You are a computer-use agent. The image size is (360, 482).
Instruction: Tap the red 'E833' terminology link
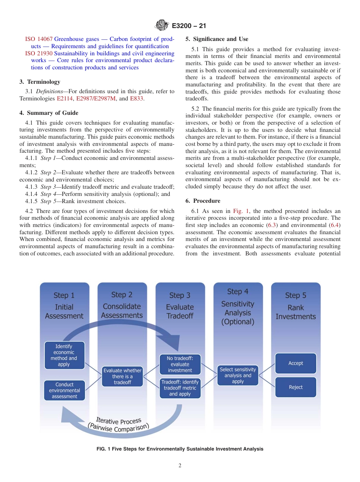point(136,99)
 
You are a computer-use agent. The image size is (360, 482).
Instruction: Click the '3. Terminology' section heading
point(40,82)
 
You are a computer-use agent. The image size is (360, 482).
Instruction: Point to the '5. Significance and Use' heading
point(217,39)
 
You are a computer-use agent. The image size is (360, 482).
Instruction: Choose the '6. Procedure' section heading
point(203,201)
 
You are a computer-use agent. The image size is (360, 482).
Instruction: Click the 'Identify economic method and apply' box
point(64,355)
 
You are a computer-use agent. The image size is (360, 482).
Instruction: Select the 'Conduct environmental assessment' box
point(64,390)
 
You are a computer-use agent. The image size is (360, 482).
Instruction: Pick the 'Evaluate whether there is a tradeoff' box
point(122,376)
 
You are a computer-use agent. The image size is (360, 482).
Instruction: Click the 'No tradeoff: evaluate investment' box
point(180,364)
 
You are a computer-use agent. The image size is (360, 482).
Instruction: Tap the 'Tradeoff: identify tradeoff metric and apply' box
point(180,388)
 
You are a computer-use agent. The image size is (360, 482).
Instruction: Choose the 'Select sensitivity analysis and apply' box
point(238,375)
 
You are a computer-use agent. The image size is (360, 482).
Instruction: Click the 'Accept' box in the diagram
point(296,363)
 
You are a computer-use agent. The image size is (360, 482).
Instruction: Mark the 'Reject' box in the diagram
point(296,387)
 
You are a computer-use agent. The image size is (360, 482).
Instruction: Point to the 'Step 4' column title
point(238,292)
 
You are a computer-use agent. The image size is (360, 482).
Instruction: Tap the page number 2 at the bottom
point(180,466)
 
